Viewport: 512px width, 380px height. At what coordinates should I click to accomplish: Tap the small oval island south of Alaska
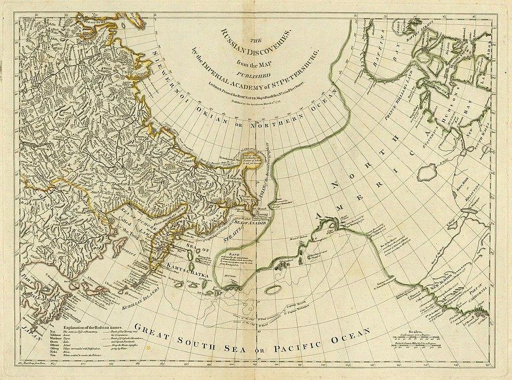pyautogui.click(x=274, y=287)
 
